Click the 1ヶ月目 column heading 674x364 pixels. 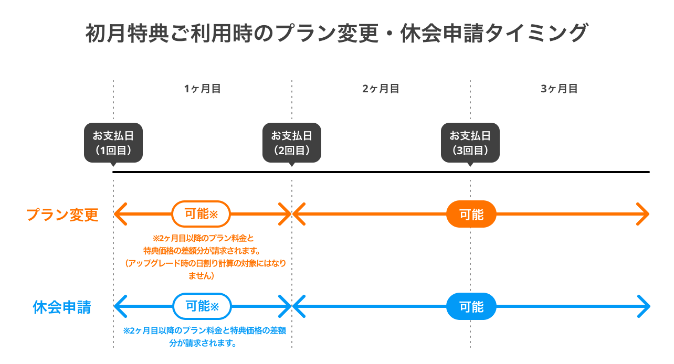pyautogui.click(x=202, y=89)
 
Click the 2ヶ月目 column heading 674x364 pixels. pyautogui.click(x=381, y=89)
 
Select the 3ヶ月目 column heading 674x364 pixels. pyautogui.click(x=559, y=89)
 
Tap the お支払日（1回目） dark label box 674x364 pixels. pyautogui.click(x=113, y=143)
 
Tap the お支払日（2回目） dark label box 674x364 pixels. pyautogui.click(x=292, y=143)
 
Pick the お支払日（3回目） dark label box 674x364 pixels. pyautogui.click(x=470, y=143)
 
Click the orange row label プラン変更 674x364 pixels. pyautogui.click(x=62, y=215)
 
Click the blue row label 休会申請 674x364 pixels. pyautogui.click(x=62, y=307)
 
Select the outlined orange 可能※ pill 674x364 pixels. pyautogui.click(x=201, y=214)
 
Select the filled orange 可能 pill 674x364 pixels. pyautogui.click(x=471, y=214)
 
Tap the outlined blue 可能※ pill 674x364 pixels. pyautogui.click(x=202, y=306)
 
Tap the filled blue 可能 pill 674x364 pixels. pyautogui.click(x=471, y=306)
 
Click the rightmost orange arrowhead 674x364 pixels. pyautogui.click(x=644, y=214)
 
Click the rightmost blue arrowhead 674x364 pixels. pyautogui.click(x=644, y=306)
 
